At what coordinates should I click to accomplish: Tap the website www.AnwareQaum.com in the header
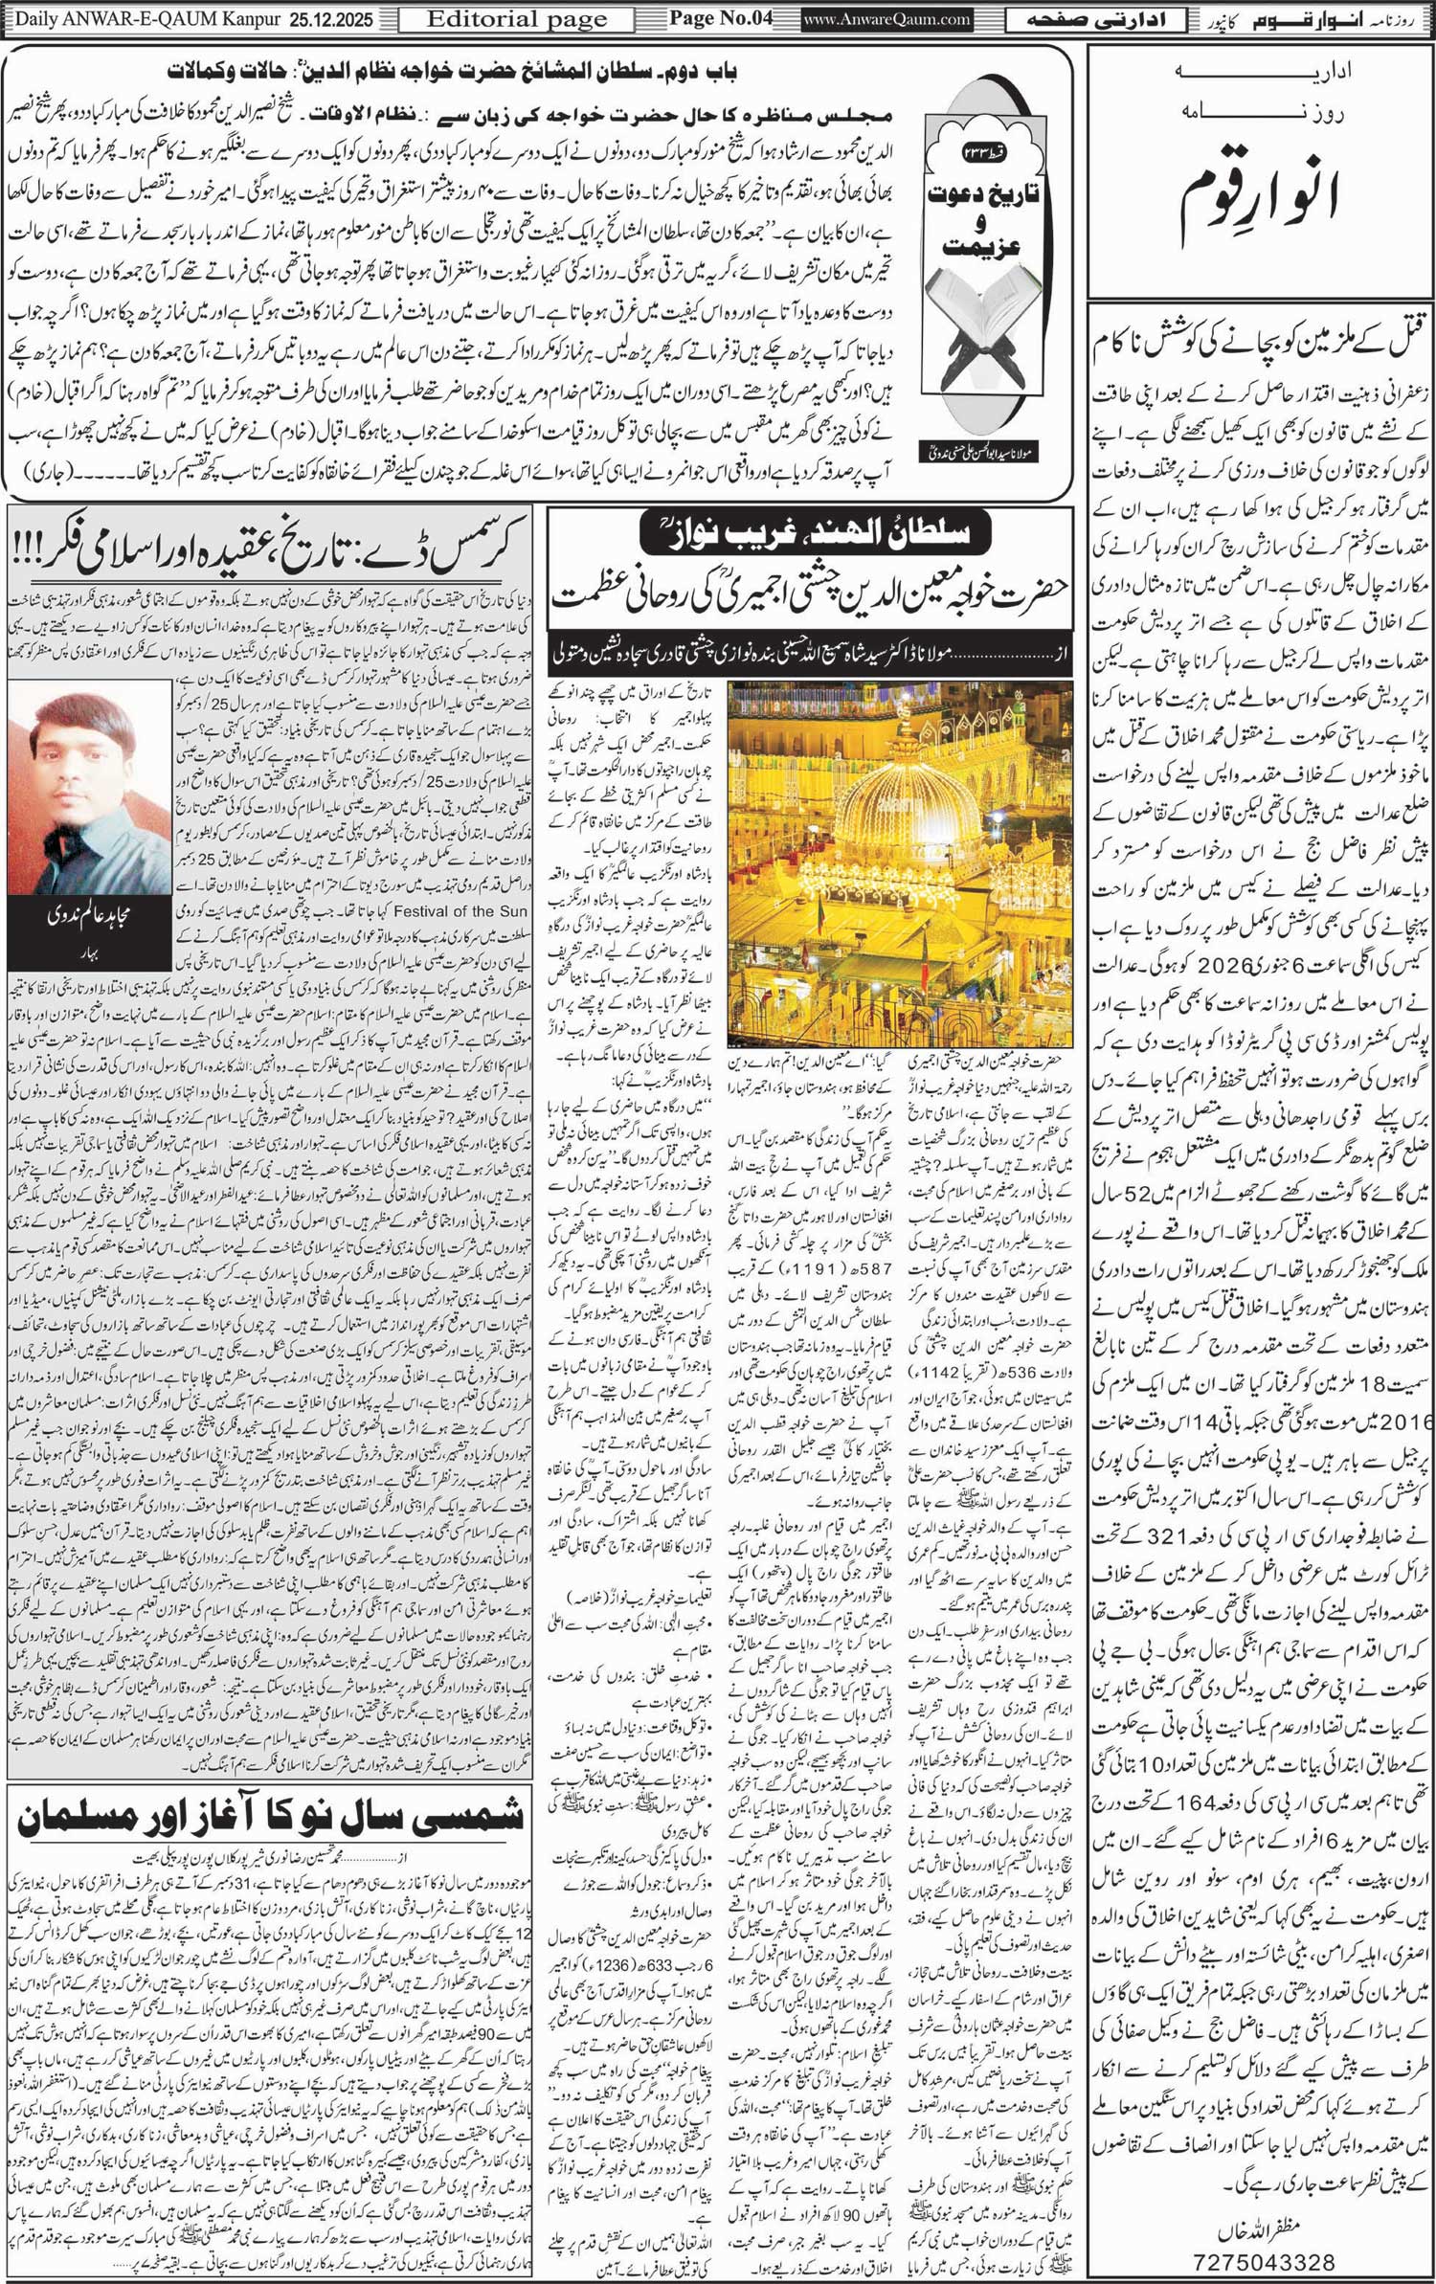tap(886, 19)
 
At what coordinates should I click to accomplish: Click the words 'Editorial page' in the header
tap(516, 19)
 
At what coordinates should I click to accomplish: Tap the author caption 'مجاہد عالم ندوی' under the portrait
tap(89, 916)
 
